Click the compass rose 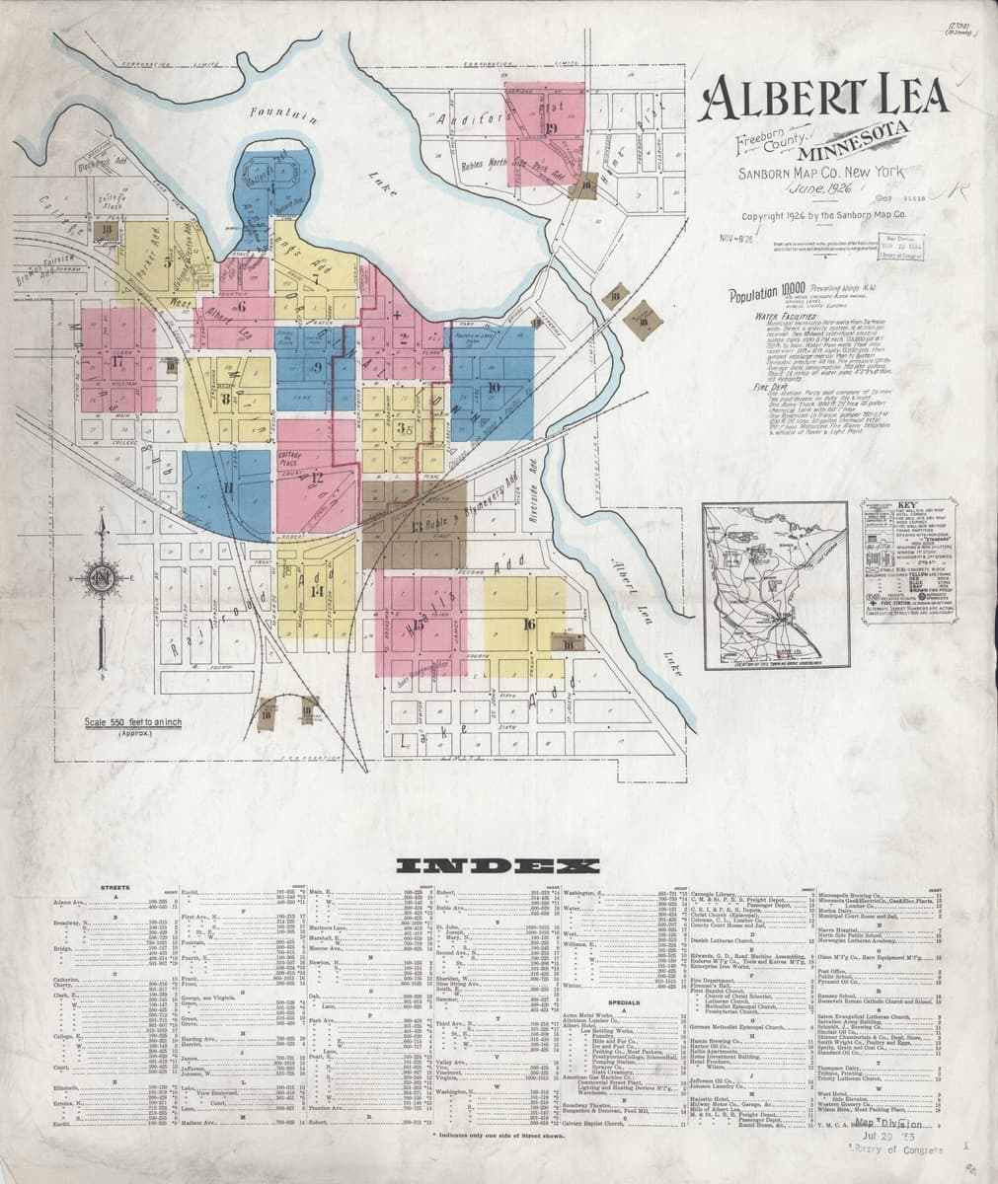pos(100,575)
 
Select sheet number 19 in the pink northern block pos(550,129)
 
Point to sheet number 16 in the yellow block pos(529,624)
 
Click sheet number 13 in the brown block pos(417,524)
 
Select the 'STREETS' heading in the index pos(116,889)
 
